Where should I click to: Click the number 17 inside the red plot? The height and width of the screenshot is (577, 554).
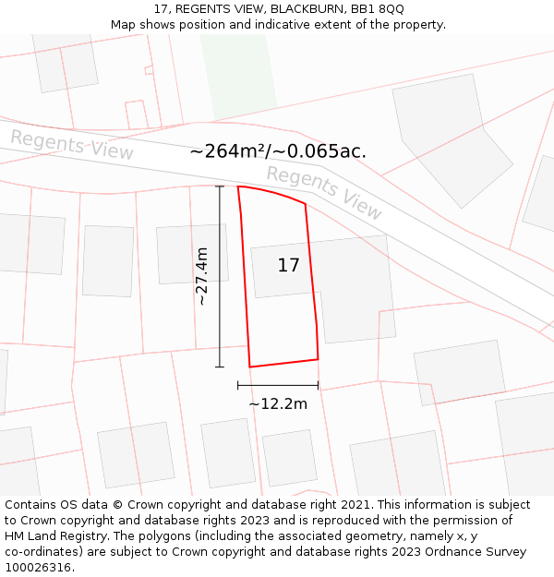(288, 266)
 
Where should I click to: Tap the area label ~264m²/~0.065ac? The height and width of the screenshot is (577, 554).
(278, 151)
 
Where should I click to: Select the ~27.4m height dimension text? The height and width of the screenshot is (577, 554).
(202, 276)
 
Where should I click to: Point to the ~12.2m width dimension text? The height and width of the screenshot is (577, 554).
(278, 403)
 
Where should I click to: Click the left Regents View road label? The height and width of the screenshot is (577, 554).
(72, 145)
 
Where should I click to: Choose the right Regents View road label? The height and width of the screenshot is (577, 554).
(324, 193)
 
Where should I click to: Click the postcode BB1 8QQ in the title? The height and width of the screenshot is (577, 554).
(374, 9)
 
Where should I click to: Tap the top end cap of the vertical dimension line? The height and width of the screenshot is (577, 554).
(220, 186)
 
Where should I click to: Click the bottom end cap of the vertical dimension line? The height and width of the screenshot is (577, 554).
(220, 367)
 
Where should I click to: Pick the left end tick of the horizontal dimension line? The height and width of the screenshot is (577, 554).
(238, 385)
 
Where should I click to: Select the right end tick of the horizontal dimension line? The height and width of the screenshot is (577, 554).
(318, 385)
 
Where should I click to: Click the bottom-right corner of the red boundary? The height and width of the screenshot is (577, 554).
(318, 359)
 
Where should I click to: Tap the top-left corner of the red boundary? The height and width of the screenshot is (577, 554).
(238, 186)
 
